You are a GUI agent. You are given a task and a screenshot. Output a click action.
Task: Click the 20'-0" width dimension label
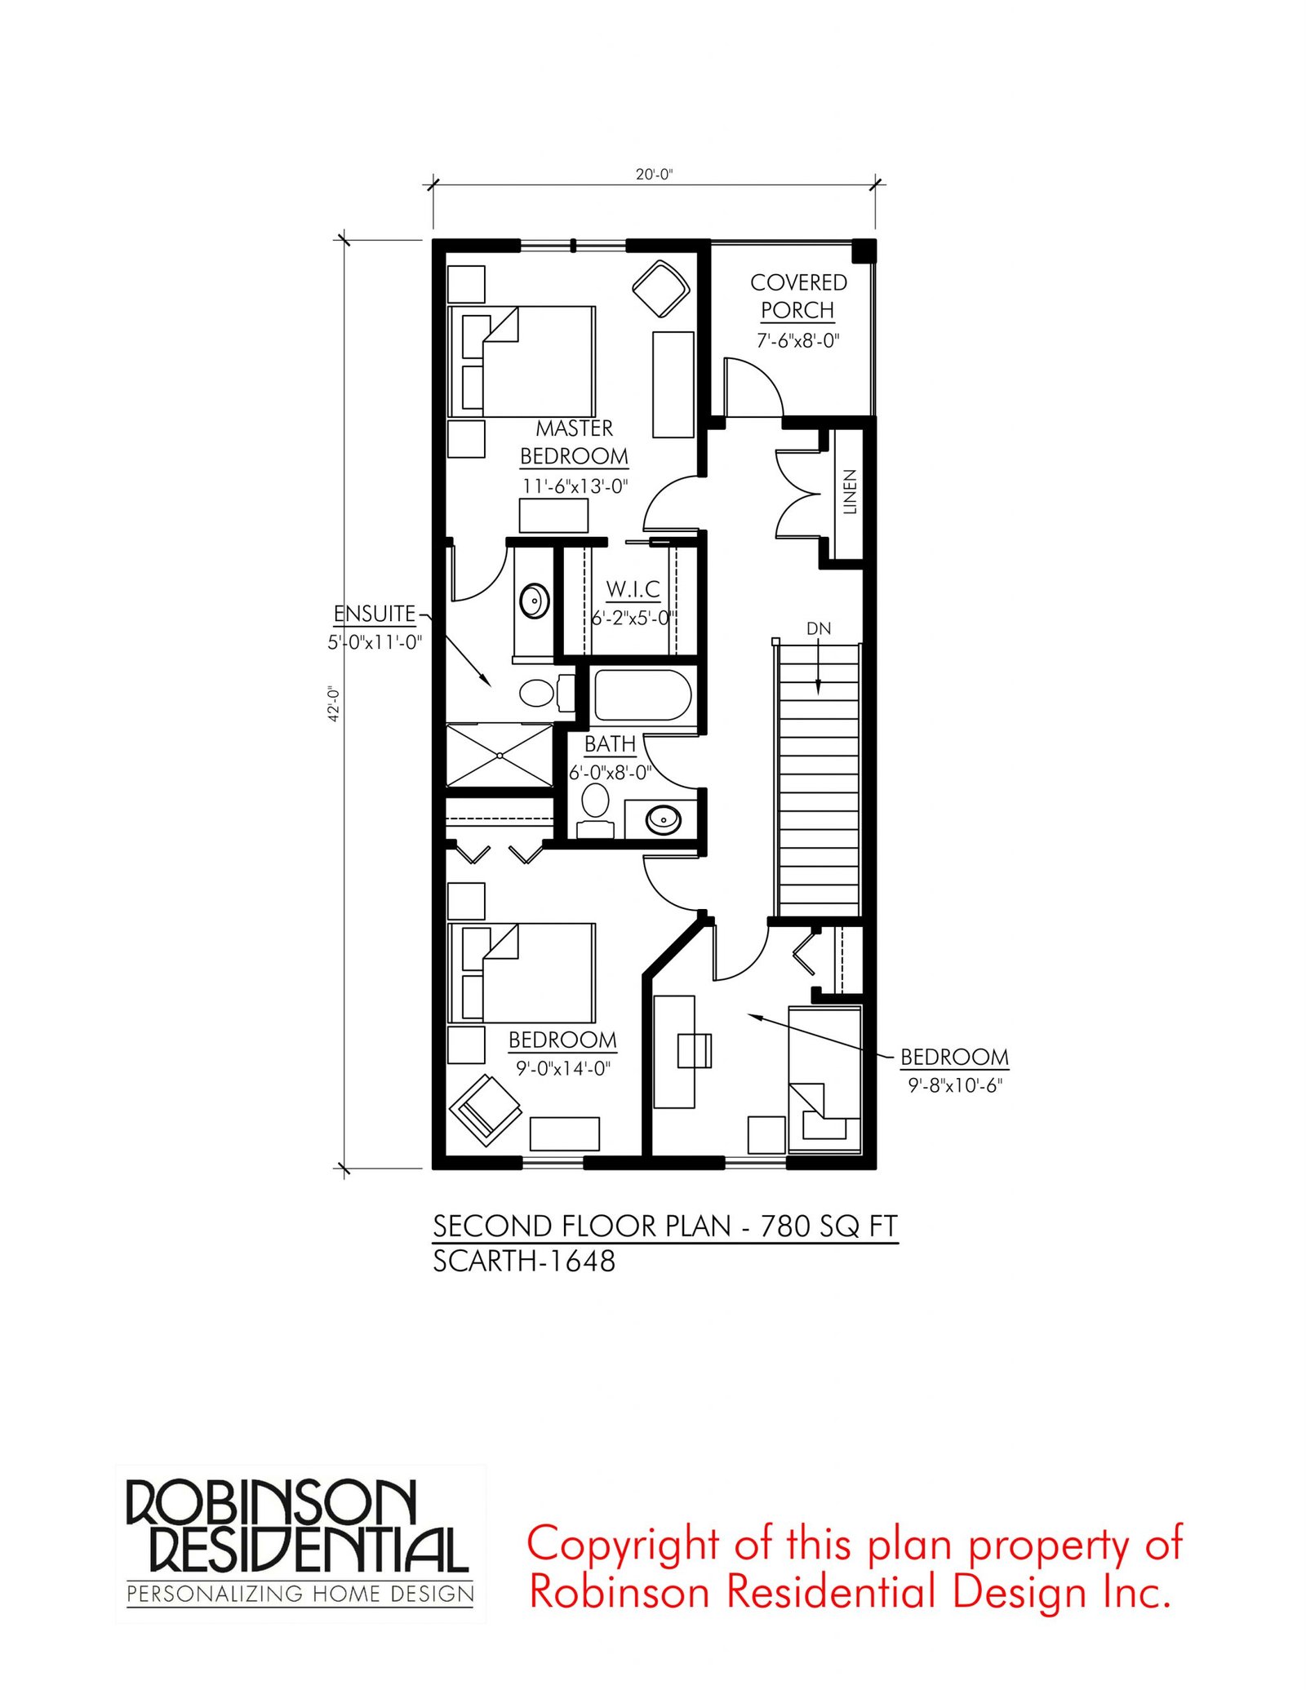[x=654, y=174]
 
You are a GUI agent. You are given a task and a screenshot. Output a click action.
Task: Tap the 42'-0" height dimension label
[x=333, y=703]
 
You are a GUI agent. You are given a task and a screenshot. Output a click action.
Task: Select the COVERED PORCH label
[x=798, y=296]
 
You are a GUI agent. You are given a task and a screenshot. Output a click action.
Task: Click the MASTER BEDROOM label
[x=574, y=442]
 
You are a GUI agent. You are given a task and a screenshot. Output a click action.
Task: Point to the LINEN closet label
[x=850, y=491]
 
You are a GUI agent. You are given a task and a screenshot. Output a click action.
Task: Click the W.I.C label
[x=633, y=588]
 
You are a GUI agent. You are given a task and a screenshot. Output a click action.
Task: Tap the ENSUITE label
[x=375, y=613]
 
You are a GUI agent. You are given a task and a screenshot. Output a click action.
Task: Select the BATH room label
[x=610, y=744]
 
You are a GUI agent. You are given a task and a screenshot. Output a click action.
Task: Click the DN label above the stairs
[x=819, y=628]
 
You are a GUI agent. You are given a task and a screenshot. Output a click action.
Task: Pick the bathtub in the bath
[x=642, y=694]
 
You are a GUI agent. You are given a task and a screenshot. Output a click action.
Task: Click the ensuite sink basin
[x=535, y=601]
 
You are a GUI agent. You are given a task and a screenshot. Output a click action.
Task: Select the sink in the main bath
[x=664, y=818]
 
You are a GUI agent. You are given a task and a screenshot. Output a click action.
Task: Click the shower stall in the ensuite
[x=500, y=755]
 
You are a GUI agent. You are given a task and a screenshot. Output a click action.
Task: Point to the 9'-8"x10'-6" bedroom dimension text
[x=954, y=1085]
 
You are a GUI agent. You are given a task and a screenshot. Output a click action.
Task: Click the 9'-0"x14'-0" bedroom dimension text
[x=563, y=1068]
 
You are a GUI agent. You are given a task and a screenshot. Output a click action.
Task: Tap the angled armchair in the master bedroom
[x=661, y=288]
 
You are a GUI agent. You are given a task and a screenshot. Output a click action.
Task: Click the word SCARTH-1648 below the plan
[x=524, y=1262]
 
